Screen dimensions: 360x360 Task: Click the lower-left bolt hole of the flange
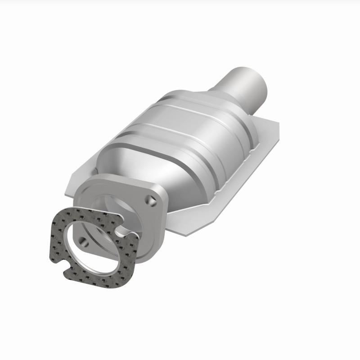coord(84,241)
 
